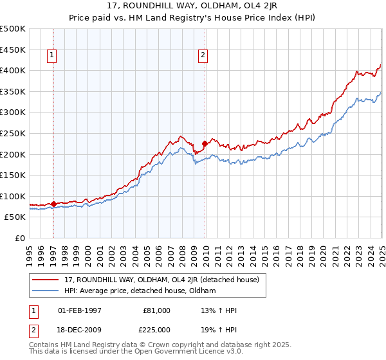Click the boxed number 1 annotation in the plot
(51, 56)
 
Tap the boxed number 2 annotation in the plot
(203, 56)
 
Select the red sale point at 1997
(53, 204)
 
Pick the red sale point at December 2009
(205, 143)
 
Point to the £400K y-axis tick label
(13, 70)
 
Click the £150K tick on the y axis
(13, 175)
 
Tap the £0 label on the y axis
(20, 238)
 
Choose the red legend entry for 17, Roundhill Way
(161, 280)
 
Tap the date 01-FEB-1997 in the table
(80, 310)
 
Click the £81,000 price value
(157, 310)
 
